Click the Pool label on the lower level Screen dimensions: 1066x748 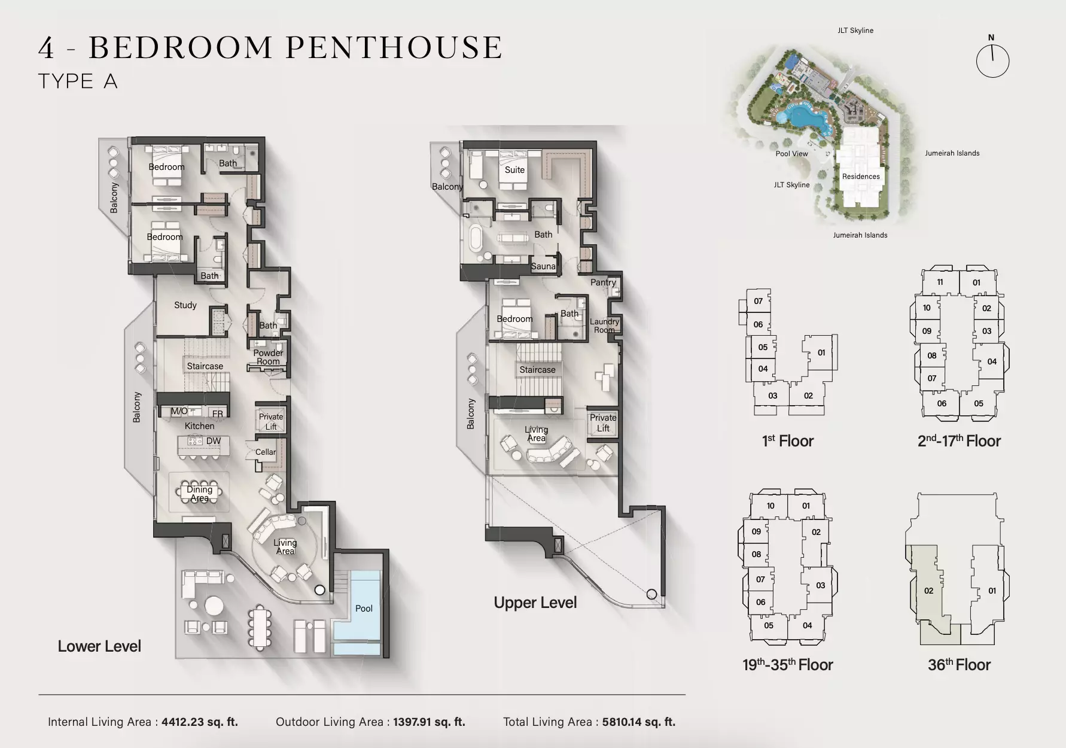pyautogui.click(x=364, y=609)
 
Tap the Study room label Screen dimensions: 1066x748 pyautogui.click(x=185, y=305)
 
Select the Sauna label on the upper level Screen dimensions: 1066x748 pyautogui.click(x=543, y=266)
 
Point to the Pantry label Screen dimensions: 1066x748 pyautogui.click(x=603, y=282)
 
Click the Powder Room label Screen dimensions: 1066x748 pyautogui.click(x=268, y=357)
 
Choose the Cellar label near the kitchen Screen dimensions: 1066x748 pyautogui.click(x=266, y=452)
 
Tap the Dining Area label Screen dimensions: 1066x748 pyautogui.click(x=199, y=494)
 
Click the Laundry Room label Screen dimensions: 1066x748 pyautogui.click(x=604, y=326)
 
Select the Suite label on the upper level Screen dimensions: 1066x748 pyautogui.click(x=514, y=170)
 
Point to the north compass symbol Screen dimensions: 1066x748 pyautogui.click(x=992, y=57)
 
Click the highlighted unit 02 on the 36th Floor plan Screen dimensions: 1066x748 pyautogui.click(x=928, y=591)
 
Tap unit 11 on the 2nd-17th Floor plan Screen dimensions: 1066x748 pyautogui.click(x=940, y=282)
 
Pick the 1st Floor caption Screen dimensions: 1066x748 pyautogui.click(x=788, y=442)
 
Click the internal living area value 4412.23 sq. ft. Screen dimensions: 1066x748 pyautogui.click(x=200, y=722)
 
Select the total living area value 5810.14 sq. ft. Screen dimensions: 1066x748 pyautogui.click(x=639, y=722)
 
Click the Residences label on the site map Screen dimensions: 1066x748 pyautogui.click(x=861, y=177)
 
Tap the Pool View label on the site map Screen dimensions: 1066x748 pyautogui.click(x=791, y=154)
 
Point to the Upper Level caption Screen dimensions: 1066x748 pyautogui.click(x=535, y=603)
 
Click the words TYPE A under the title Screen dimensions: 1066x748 pyautogui.click(x=78, y=81)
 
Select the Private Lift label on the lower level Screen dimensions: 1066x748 pyautogui.click(x=271, y=421)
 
